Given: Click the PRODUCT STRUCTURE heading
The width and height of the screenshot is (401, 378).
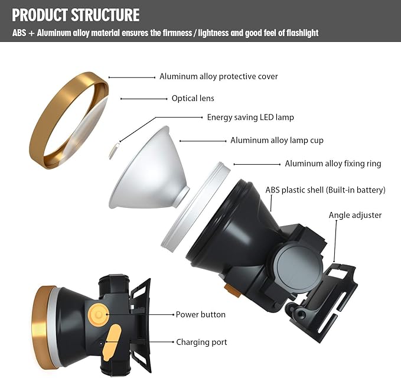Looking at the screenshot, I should coord(76,15).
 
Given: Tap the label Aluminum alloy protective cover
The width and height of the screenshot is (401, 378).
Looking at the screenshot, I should coord(219,77).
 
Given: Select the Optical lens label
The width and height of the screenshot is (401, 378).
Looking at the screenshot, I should coord(193,99).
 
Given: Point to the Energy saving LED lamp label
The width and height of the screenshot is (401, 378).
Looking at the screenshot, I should coord(250,118).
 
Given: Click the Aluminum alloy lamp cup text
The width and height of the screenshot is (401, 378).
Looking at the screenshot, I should coord(277,141).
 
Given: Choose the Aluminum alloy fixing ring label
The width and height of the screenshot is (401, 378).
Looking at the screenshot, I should coord(332,164).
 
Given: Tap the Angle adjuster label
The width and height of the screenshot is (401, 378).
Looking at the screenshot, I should coord(355,216).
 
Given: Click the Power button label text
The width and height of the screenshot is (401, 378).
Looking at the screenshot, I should coord(200,315).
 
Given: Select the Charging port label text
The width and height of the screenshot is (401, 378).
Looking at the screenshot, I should coord(201,342).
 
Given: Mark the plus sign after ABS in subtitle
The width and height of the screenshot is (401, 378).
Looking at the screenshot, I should coord(32,33).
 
